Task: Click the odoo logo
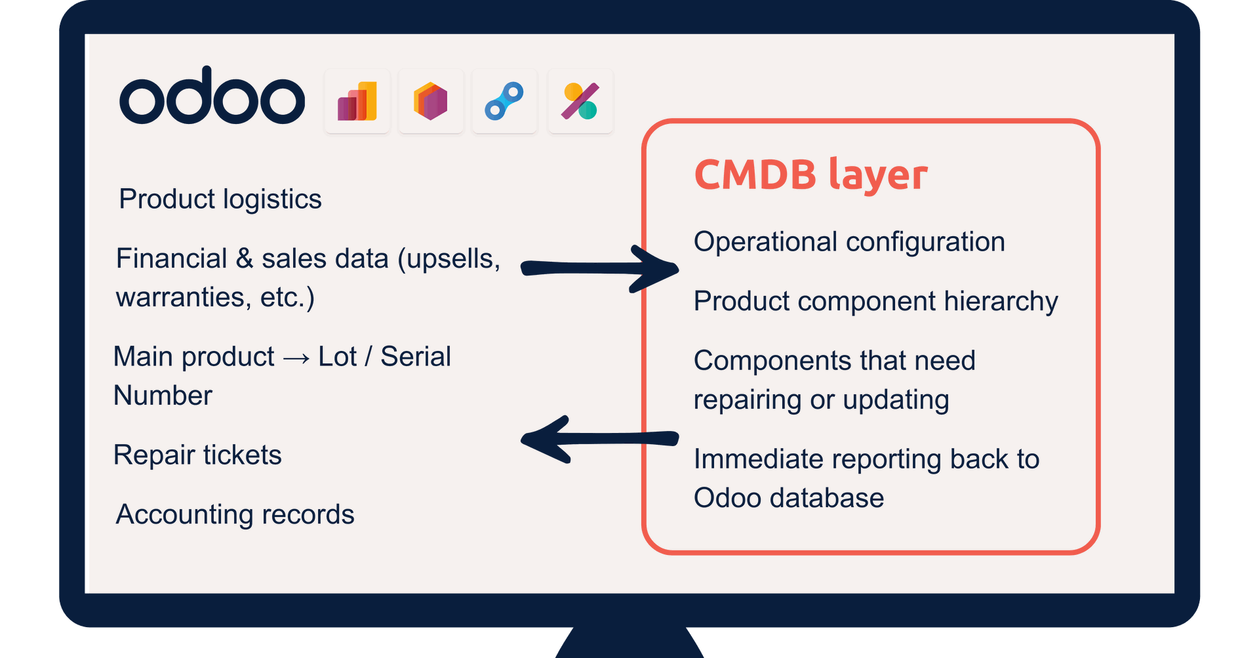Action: coord(212,97)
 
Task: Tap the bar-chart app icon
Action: coord(357,101)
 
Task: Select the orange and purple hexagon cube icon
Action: coord(431,101)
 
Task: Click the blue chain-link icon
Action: coord(504,101)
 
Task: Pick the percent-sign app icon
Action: coord(580,101)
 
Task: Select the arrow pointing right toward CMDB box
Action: coord(598,268)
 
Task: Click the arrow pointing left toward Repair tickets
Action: coord(598,439)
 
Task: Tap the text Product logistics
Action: coord(220,199)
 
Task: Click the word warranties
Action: coord(180,297)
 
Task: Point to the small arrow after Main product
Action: coord(296,358)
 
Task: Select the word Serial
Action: coord(416,357)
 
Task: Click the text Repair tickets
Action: coord(197,455)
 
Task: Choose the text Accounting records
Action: coord(235,514)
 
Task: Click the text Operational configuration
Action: coord(849,241)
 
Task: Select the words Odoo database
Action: coord(788,498)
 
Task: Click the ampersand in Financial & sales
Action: coord(245,258)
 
